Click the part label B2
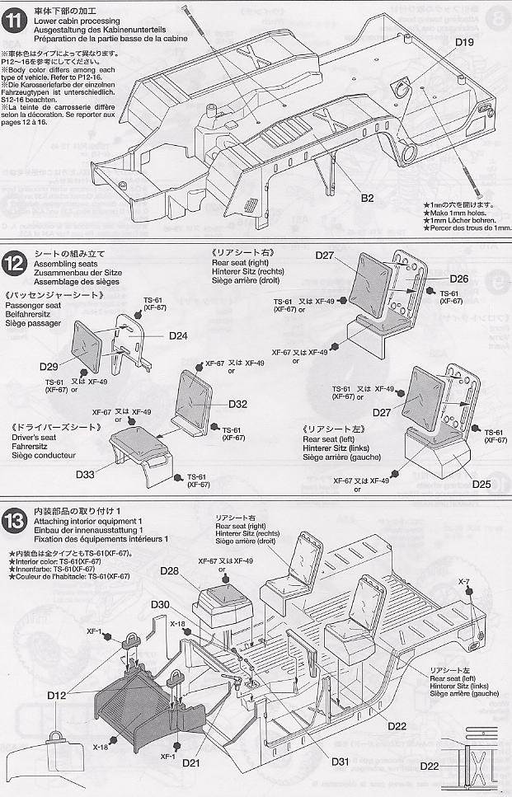(367, 198)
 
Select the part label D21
(192, 763)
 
